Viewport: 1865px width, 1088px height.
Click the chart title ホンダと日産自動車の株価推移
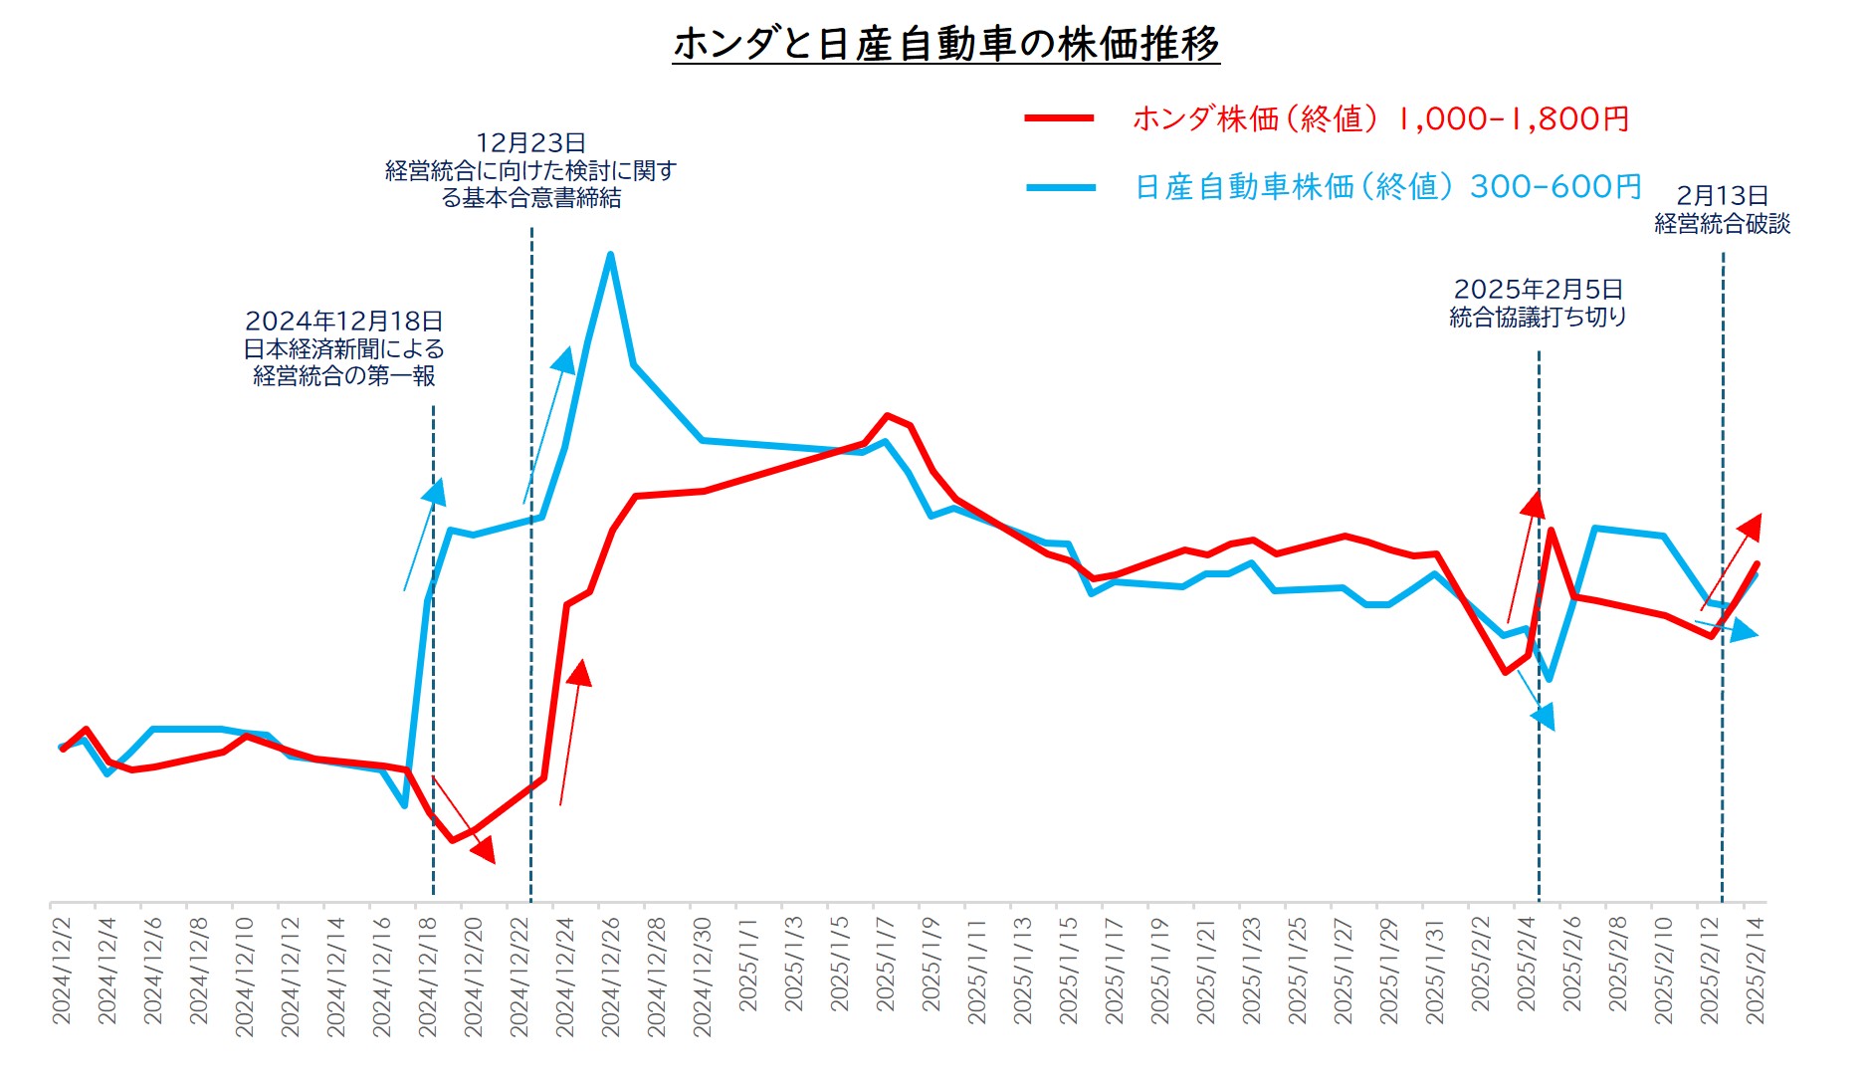(x=945, y=43)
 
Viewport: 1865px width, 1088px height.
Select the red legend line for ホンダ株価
(x=1060, y=118)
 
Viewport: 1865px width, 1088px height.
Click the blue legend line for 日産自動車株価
(x=1061, y=186)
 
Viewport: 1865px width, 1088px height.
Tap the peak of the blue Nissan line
(x=610, y=255)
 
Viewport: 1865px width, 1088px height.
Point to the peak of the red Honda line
(x=887, y=415)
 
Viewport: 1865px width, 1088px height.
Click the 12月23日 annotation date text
(x=530, y=142)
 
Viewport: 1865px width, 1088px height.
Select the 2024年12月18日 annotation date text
(x=343, y=321)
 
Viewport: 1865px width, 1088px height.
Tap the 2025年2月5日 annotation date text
(x=1538, y=289)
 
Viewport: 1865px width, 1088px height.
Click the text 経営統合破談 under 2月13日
(x=1722, y=224)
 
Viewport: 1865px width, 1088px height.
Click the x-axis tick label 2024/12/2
(x=62, y=970)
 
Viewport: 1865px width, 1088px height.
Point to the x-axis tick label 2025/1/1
(x=748, y=965)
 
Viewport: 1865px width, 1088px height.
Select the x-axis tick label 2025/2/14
(x=1755, y=970)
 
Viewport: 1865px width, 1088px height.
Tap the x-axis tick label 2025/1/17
(x=1115, y=970)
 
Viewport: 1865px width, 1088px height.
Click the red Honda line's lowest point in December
(x=452, y=840)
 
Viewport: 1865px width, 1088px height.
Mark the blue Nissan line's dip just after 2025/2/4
(x=1549, y=679)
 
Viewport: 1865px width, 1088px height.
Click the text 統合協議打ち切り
(x=1538, y=317)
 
